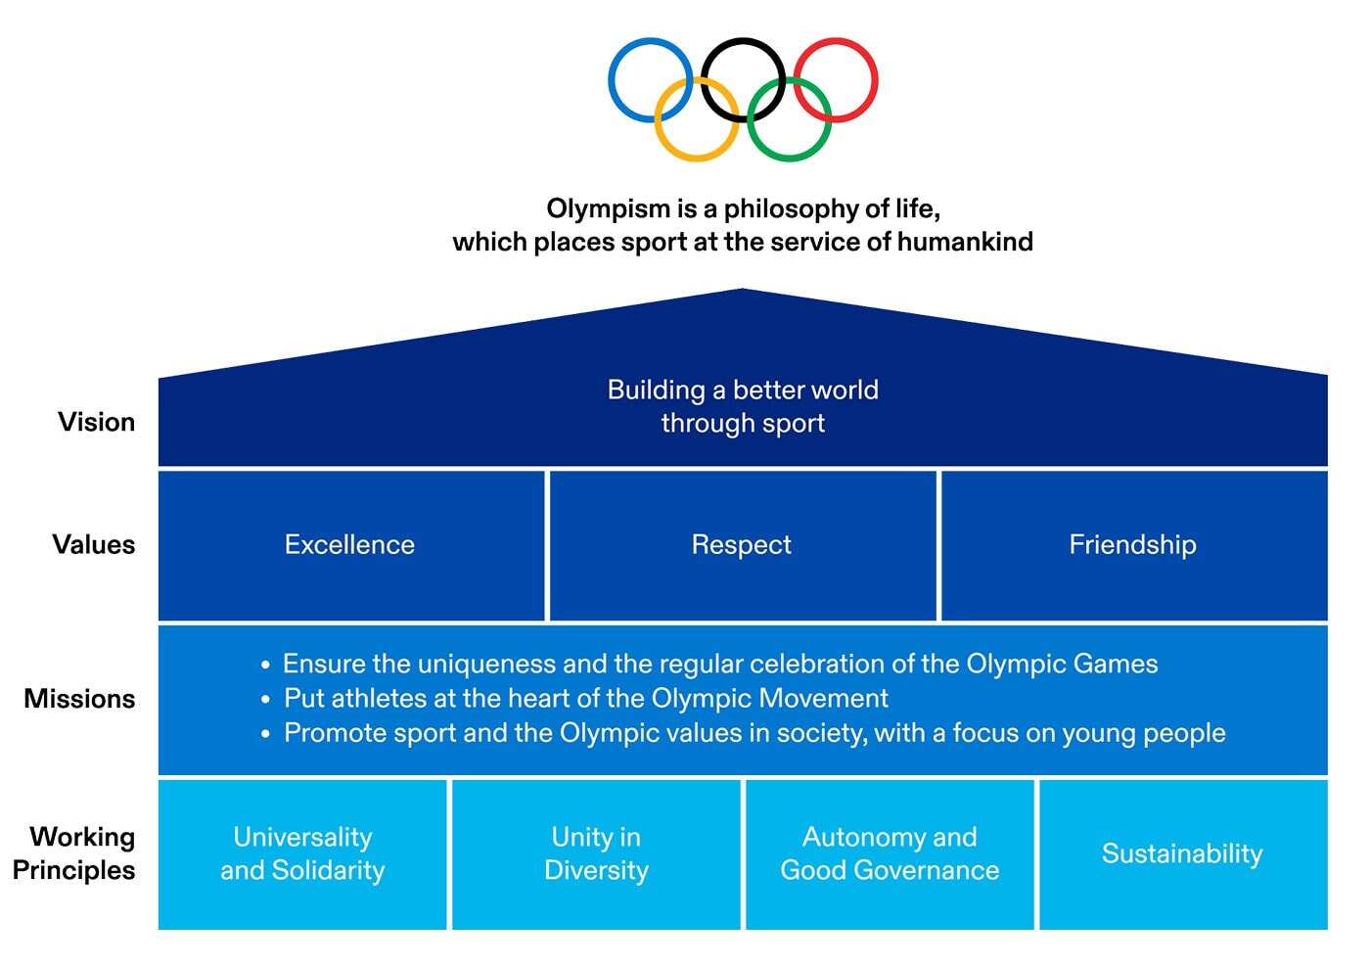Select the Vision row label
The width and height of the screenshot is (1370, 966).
tap(96, 422)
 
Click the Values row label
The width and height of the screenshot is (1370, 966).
tap(94, 544)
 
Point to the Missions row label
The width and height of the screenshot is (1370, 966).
tap(79, 699)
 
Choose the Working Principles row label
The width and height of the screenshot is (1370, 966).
tap(74, 853)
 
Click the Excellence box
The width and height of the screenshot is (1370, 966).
tap(350, 545)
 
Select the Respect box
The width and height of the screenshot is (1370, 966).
tap(742, 545)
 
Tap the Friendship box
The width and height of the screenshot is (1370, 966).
tap(1132, 545)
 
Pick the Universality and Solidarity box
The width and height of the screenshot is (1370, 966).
tap(302, 853)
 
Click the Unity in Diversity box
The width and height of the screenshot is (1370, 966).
tap(596, 853)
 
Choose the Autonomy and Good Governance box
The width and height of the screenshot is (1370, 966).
tap(890, 853)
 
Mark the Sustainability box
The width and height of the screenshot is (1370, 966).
tap(1182, 853)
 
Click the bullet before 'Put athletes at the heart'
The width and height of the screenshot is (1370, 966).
tap(265, 700)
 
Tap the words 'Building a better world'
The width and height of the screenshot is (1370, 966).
tap(743, 390)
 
